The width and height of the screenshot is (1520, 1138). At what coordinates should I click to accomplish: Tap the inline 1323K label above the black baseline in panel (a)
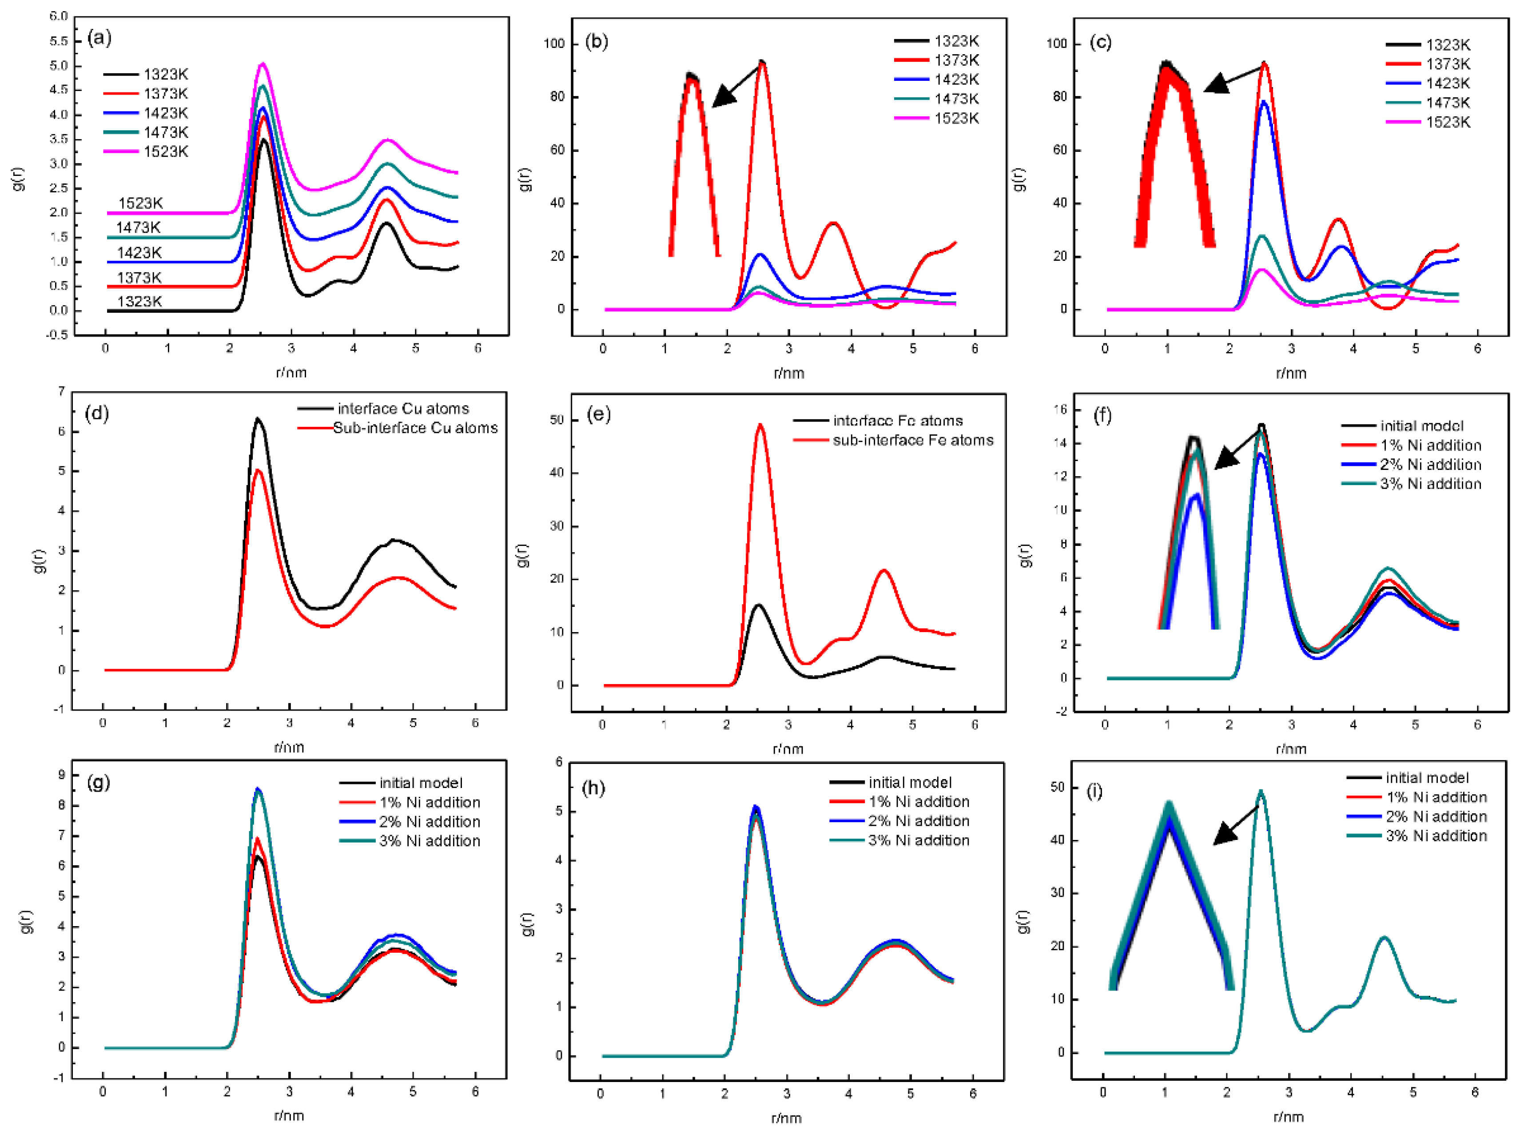pyautogui.click(x=139, y=302)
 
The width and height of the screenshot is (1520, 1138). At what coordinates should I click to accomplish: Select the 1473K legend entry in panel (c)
pyautogui.click(x=1447, y=103)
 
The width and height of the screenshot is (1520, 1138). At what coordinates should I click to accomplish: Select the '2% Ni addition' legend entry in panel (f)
pyautogui.click(x=1430, y=465)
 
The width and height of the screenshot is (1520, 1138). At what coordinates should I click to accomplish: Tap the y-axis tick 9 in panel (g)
pyautogui.click(x=61, y=775)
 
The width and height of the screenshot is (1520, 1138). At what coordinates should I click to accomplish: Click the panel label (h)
pyautogui.click(x=593, y=788)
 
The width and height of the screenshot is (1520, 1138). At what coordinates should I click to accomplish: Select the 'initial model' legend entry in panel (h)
pyautogui.click(x=909, y=783)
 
